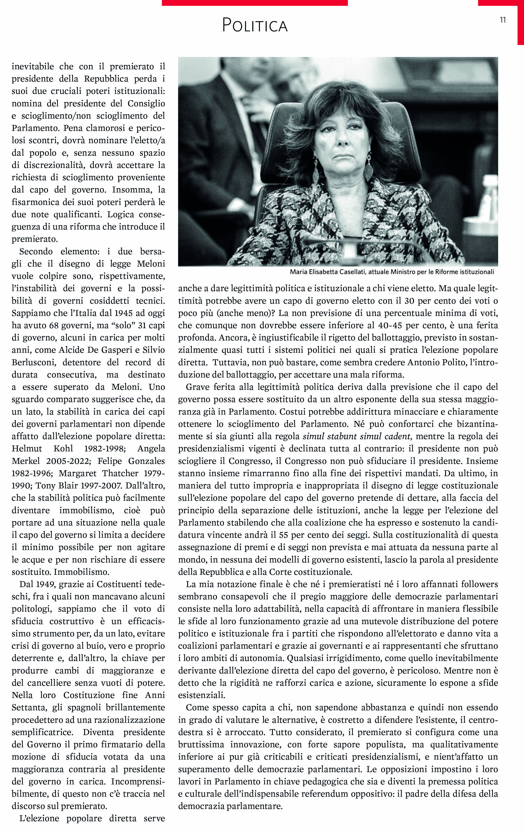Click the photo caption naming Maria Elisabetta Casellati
(392, 272)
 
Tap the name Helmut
(27, 449)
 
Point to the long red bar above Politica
(255, 3)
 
